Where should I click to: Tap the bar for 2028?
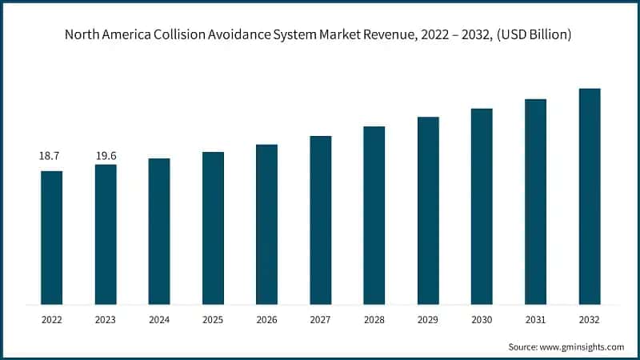[374, 215]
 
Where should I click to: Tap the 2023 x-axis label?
[106, 319]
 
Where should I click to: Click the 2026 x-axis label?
[266, 319]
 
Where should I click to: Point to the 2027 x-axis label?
[321, 319]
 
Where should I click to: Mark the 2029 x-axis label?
[428, 319]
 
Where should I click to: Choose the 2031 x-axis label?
[535, 319]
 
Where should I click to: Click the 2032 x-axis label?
[590, 319]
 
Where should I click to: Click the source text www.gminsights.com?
[581, 346]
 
